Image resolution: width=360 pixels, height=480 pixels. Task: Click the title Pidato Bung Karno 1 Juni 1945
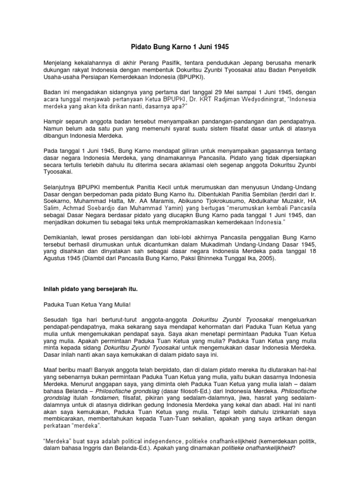(180, 47)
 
